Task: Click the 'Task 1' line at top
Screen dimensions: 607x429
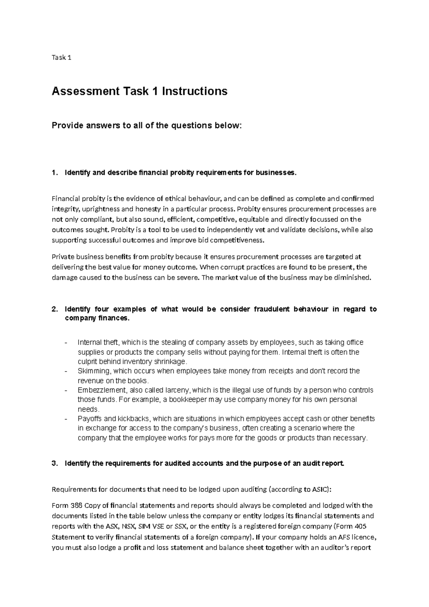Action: (61, 58)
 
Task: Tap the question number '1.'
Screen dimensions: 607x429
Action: (54, 173)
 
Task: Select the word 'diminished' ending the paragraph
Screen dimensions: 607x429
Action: (352, 277)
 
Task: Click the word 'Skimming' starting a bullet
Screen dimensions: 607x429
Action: (90, 371)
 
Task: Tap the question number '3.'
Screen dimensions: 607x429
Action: (54, 464)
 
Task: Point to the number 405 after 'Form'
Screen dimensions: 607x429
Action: (362, 526)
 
